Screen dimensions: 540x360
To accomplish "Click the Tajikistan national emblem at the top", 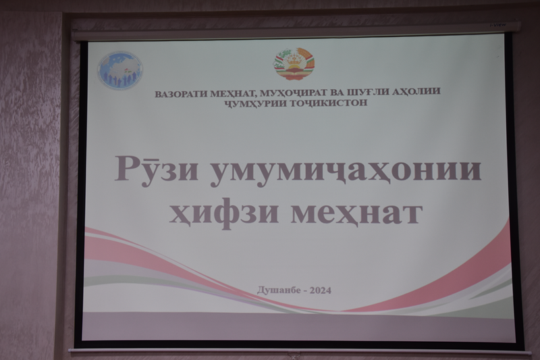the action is (294, 64).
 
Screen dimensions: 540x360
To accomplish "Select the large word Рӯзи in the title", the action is (156, 168).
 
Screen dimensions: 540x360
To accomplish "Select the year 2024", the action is (321, 290).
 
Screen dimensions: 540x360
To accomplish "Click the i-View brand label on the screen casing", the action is (498, 24).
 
